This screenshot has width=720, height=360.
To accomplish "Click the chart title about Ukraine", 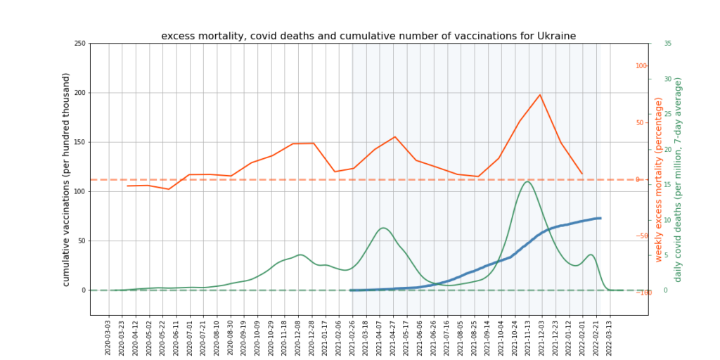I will coord(368,36).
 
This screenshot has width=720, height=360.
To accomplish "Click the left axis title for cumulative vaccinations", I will coord(67,179).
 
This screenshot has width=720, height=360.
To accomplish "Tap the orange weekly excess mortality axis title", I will coord(659,179).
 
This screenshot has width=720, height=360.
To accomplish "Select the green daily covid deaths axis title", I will coord(678,179).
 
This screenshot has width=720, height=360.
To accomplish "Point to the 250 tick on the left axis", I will coord(79,44).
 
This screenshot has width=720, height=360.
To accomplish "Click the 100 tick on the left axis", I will coord(79,191).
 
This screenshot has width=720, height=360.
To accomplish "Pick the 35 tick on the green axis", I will coord(667,44).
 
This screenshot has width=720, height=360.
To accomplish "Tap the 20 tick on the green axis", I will coord(667,149).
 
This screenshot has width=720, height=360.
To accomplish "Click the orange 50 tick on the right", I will coord(642,123).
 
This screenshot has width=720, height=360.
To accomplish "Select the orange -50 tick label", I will coord(641,236).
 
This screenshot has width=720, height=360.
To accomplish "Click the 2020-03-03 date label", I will coord(108,338).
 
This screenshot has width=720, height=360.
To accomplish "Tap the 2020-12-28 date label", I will coord(313,338).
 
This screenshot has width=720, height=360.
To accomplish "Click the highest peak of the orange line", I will coord(540,94).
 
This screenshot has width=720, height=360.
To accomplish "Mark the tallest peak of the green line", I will coord(527,181).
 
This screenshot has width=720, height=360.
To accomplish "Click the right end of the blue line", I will coord(600,218).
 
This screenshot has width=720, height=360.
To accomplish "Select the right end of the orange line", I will coord(582,174).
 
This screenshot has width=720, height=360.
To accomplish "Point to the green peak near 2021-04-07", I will coord(382,228).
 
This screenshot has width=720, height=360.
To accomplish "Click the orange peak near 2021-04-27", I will coord(395,136).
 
